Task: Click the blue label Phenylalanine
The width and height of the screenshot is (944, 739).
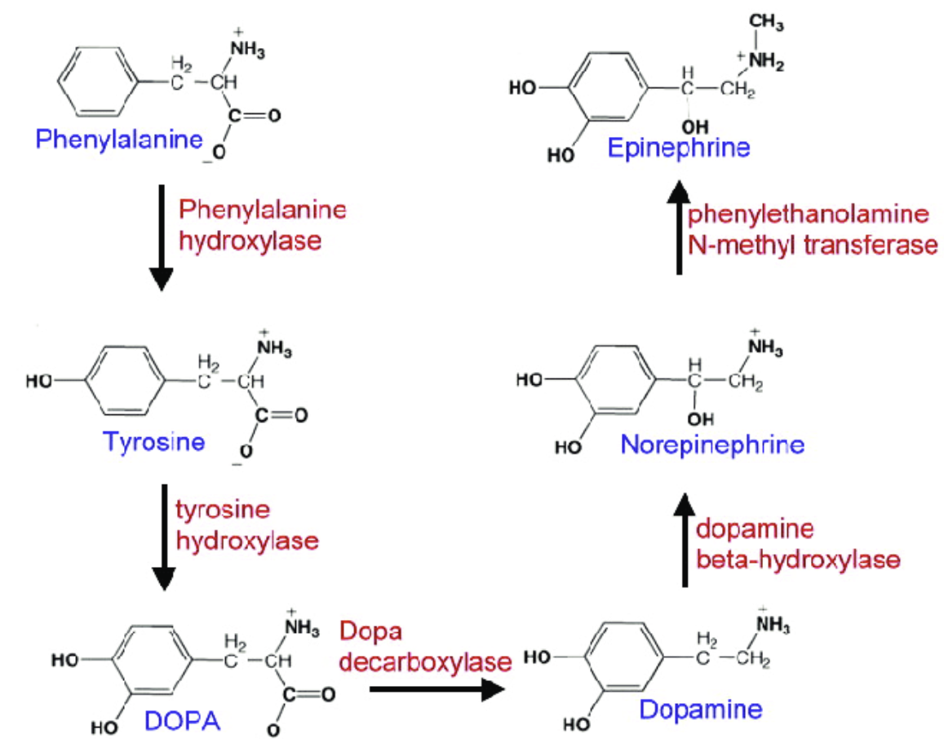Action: (x=119, y=140)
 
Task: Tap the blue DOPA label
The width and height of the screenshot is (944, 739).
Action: (x=184, y=720)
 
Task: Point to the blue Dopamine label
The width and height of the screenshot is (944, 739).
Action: (x=701, y=708)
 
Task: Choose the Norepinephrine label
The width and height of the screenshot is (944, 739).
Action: (x=712, y=445)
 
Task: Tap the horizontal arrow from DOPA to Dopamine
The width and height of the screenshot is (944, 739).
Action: (x=433, y=690)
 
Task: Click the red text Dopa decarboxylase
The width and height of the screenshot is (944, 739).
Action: (x=428, y=646)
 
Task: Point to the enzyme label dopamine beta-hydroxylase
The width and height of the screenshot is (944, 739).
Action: (x=798, y=544)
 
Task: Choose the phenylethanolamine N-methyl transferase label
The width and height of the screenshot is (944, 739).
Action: (x=812, y=230)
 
